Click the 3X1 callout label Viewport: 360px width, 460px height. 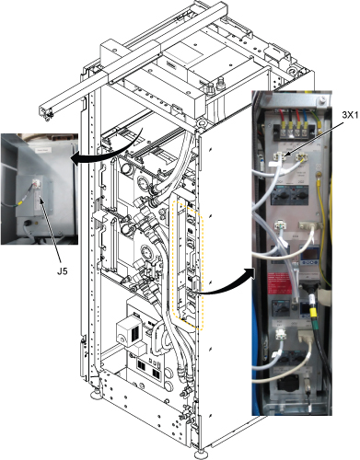click(350, 115)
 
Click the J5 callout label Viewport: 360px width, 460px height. click(63, 271)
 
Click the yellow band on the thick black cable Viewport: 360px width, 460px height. click(313, 312)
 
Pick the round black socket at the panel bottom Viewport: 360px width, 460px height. click(285, 383)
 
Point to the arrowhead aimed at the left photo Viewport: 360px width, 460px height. click(75, 159)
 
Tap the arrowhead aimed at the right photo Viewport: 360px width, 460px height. click(250, 273)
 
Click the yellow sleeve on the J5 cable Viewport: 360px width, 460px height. click(19, 202)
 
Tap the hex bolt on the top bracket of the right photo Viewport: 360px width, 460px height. click(321, 98)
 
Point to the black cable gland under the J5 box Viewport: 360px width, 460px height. click(28, 224)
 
